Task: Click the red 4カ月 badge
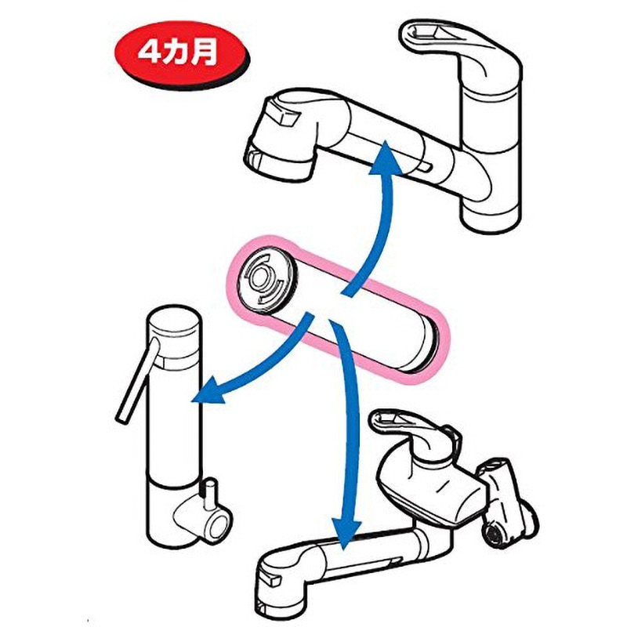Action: (182, 55)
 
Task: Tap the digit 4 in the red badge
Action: (148, 53)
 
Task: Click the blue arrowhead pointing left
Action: (210, 391)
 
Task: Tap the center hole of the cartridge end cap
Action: (262, 277)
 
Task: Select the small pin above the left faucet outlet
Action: (209, 495)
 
